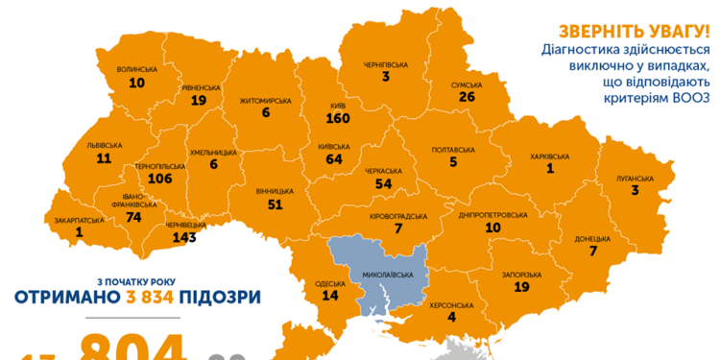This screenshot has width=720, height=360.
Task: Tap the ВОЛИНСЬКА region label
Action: click(136, 69)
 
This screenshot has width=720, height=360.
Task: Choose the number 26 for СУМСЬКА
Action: click(468, 97)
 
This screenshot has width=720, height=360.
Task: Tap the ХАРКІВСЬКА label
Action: click(550, 156)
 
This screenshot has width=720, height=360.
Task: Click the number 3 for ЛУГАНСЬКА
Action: click(635, 191)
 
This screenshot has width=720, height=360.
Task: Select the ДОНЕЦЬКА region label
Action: click(593, 237)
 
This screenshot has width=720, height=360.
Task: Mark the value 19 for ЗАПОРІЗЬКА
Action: click(521, 287)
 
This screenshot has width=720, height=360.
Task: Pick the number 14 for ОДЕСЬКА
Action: click(330, 297)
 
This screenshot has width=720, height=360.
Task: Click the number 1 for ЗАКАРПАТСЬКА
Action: click(78, 232)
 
